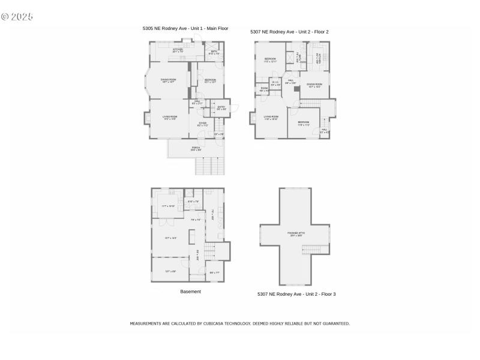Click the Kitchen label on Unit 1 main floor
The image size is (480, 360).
[178, 50]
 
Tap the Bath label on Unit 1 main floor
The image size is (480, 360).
[214, 52]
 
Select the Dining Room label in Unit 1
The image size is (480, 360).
[168, 80]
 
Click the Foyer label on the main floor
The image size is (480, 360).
[203, 124]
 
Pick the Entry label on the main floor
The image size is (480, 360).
[221, 108]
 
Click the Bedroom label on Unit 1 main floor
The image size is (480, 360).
[209, 80]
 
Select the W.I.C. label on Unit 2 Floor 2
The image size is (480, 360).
[275, 83]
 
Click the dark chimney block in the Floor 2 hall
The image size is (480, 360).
[296, 88]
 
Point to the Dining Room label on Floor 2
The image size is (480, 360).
[314, 85]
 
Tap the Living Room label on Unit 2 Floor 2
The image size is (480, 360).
[271, 118]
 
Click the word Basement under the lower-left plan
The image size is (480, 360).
[190, 292]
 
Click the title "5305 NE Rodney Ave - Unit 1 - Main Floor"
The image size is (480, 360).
[185, 28]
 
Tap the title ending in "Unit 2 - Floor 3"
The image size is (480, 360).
[296, 294]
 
